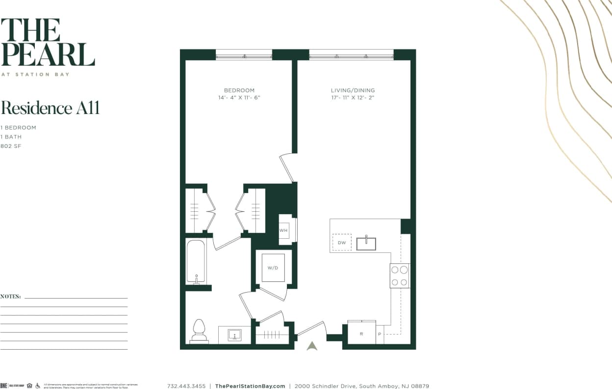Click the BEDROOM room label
239,90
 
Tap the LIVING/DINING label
353,90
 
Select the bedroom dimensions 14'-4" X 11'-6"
239,98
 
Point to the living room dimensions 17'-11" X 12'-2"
353,98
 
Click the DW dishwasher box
342,243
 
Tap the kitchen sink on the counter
366,243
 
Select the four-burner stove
399,276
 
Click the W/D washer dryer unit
273,268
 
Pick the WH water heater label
283,230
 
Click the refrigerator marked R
361,333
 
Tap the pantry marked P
379,334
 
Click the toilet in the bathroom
199,331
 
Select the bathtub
196,261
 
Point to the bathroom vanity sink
234,335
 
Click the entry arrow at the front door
312,346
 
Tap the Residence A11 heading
50,108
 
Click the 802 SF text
11,146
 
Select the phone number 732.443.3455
186,386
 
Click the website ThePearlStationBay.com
250,386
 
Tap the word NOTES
10,297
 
